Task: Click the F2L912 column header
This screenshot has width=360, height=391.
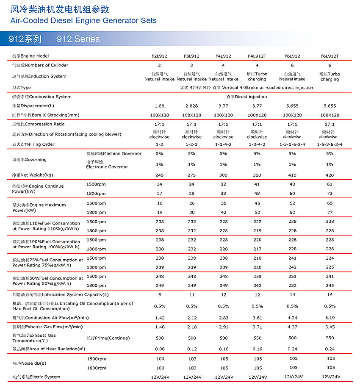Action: (159, 56)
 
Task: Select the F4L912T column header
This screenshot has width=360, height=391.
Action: (257, 56)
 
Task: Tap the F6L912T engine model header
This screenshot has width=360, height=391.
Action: (330, 56)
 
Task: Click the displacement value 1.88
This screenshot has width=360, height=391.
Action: (159, 106)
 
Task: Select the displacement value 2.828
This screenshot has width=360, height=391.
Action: (191, 106)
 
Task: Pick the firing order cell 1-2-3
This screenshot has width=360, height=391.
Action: (191, 144)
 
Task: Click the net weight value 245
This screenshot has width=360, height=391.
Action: (159, 175)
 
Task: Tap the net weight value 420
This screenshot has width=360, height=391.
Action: (330, 175)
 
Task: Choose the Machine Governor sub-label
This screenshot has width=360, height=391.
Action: (114, 153)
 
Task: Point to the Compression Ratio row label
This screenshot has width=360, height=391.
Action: (39, 124)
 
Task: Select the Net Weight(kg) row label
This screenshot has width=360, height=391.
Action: (33, 175)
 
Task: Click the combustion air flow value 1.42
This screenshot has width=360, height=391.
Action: (159, 318)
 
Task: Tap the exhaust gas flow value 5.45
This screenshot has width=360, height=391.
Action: (330, 327)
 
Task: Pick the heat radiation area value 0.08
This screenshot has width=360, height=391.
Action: (159, 349)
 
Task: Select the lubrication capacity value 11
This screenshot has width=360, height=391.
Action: (191, 294)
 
